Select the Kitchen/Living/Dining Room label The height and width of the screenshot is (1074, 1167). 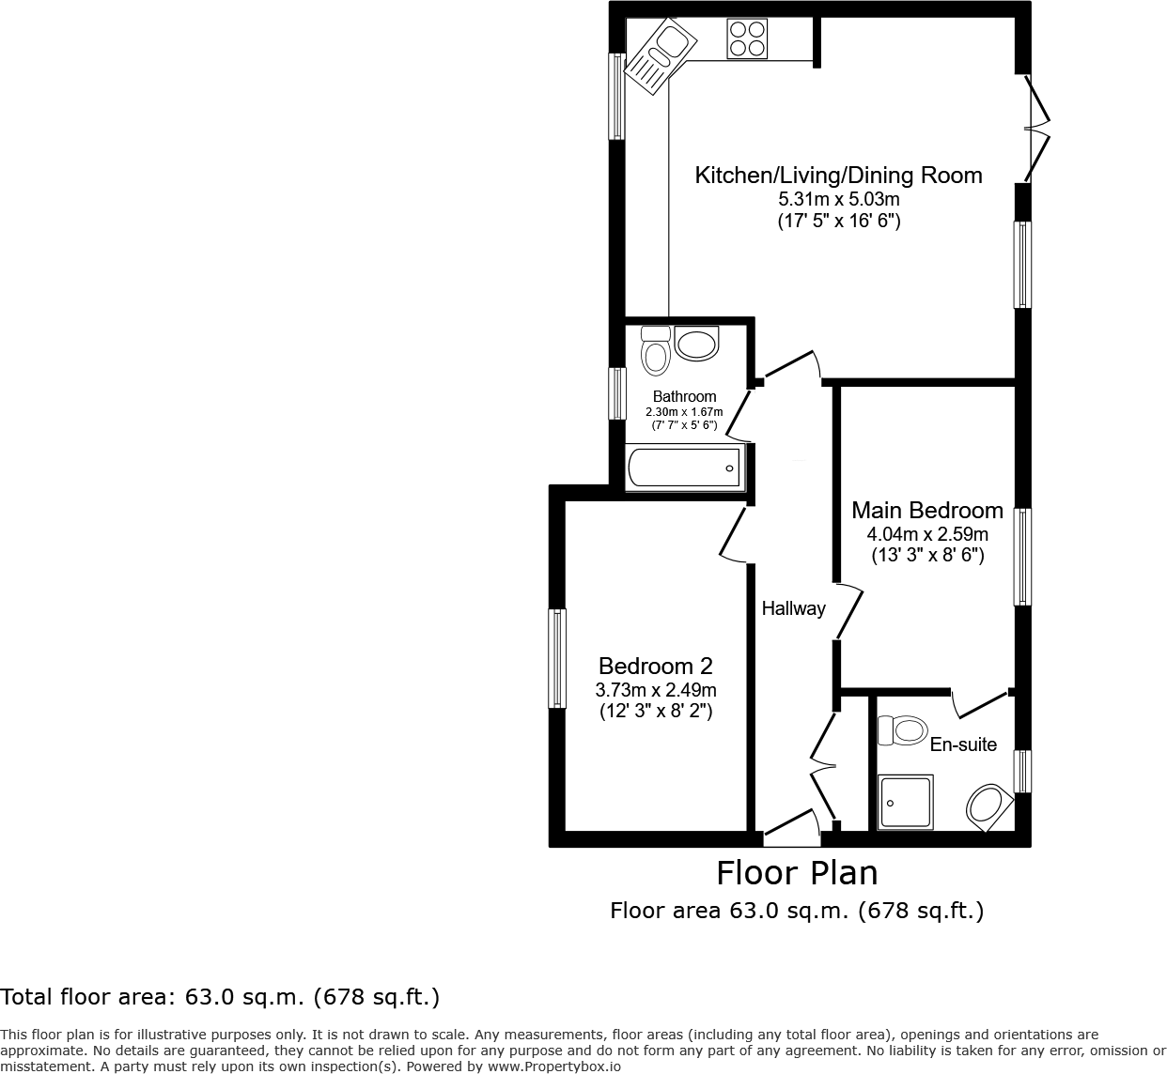coord(838,176)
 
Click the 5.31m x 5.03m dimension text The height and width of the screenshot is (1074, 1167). coord(838,199)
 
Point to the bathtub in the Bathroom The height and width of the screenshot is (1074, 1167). coord(685,468)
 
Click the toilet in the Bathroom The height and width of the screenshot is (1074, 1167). coord(655,350)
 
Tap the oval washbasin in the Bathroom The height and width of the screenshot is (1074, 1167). coord(696,344)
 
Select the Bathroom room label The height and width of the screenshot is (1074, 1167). coord(684,396)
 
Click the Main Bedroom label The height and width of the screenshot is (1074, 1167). coord(926,511)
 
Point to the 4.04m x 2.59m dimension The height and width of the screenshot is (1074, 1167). coord(926,534)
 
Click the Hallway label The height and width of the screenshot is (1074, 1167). coord(793,608)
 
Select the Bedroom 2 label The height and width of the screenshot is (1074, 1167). coord(655,667)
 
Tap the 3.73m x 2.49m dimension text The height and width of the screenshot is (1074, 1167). coord(655,690)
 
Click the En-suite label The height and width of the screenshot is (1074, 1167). coord(963,744)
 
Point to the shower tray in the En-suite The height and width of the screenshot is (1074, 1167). coord(906,802)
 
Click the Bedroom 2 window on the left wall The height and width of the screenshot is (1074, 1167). coord(557,658)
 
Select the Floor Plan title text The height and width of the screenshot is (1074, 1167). coord(797,873)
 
